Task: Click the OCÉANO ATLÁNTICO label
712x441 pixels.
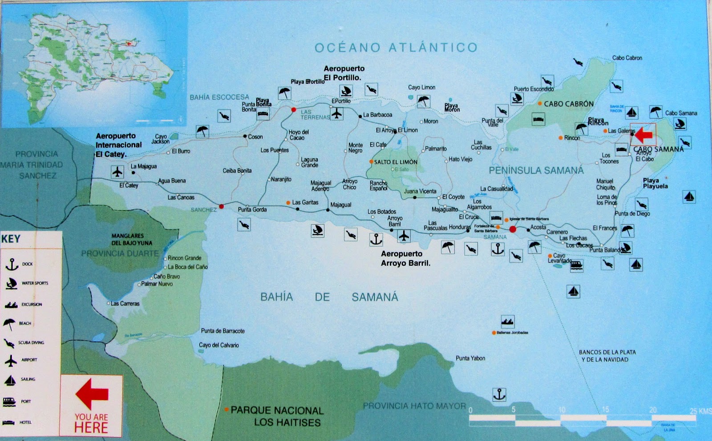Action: (x=396, y=48)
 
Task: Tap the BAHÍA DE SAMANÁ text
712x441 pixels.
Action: (x=329, y=297)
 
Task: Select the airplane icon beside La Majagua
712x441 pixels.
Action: (x=117, y=172)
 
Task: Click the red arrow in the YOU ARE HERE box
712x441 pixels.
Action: (x=92, y=393)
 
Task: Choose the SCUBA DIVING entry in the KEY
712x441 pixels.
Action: (x=31, y=343)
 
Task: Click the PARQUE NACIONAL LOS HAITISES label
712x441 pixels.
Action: (x=277, y=416)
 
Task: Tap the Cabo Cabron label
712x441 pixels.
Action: (x=627, y=58)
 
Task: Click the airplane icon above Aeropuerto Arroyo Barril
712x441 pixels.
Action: (x=404, y=235)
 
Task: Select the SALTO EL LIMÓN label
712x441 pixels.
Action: (x=395, y=162)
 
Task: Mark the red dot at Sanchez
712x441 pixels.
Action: (x=221, y=206)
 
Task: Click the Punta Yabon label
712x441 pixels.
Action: (x=470, y=358)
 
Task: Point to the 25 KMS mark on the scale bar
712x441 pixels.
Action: (x=700, y=411)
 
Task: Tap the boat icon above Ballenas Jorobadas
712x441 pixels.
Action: (x=508, y=321)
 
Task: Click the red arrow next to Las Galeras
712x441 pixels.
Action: (x=643, y=134)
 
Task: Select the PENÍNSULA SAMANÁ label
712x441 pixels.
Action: (x=536, y=170)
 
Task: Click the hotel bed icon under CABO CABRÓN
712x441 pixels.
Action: (x=538, y=119)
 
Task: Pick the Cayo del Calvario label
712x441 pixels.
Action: (x=218, y=345)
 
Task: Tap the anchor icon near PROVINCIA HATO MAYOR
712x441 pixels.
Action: (x=499, y=394)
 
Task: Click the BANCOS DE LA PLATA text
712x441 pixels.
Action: (x=607, y=352)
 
